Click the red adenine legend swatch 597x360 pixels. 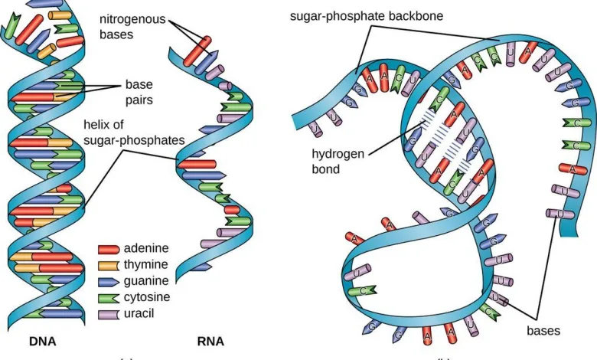point(109,248)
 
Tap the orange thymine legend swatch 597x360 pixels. point(109,264)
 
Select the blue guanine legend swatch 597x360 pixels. point(109,280)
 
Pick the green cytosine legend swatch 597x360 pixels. point(109,296)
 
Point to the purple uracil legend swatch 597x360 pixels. point(109,313)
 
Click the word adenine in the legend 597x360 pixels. point(146,248)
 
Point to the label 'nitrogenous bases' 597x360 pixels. point(132,26)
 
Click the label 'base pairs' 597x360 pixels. point(140,93)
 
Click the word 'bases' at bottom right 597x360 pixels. point(543,331)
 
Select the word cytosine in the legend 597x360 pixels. point(147,296)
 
